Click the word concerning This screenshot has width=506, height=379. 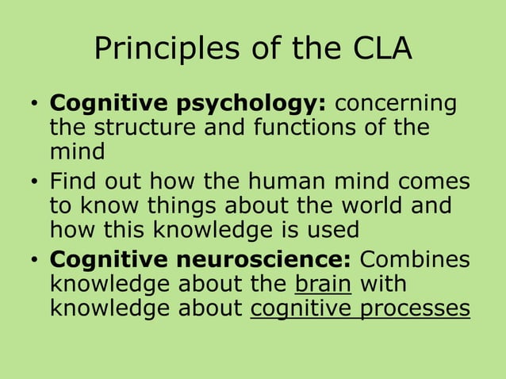tap(397, 105)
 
